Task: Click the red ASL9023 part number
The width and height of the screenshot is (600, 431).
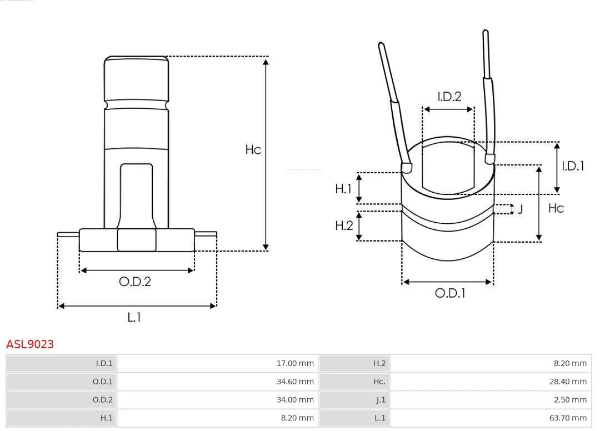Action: tap(30, 344)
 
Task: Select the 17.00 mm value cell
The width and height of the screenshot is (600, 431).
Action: tap(295, 364)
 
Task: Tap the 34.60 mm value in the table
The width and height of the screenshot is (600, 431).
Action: tap(295, 382)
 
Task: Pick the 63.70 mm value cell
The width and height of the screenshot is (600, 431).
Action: tap(568, 418)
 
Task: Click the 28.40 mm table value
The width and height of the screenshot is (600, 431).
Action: tap(568, 382)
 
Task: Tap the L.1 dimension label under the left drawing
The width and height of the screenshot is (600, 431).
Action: tap(134, 318)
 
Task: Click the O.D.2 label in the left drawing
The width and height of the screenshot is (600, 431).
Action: tap(135, 282)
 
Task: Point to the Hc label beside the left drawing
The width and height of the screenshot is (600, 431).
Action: tap(253, 150)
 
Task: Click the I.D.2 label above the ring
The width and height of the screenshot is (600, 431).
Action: tap(449, 97)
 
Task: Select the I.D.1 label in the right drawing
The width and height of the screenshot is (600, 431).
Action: tap(573, 166)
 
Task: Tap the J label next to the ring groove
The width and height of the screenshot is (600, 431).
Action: tap(520, 209)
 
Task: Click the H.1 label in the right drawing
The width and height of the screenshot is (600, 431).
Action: tap(343, 189)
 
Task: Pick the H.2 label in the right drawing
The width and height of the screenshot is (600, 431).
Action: tap(344, 225)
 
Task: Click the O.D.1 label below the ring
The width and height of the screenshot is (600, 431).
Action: tap(449, 293)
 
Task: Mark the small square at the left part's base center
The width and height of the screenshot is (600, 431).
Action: tap(137, 240)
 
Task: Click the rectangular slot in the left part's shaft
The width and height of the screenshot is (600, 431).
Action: tap(137, 194)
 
